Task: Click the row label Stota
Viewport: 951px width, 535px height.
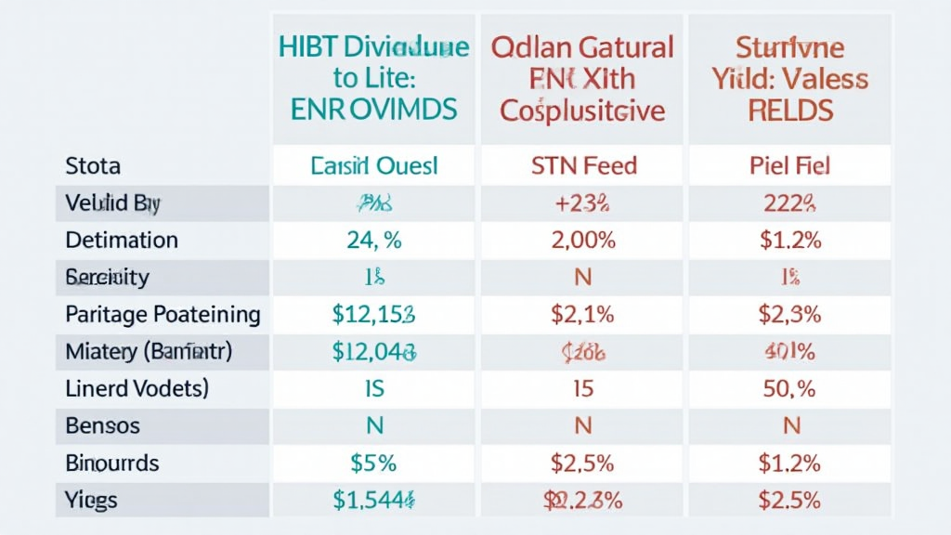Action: pos(93,166)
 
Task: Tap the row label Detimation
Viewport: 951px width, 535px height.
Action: pos(122,240)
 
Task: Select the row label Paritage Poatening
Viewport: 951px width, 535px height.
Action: pos(163,314)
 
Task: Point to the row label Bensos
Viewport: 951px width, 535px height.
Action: pos(102,426)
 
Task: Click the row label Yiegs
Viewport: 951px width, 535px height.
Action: pos(91,501)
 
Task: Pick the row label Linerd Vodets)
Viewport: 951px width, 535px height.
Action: pos(137,388)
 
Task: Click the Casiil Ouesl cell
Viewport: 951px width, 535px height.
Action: pos(373,166)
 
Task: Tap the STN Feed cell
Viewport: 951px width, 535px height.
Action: pos(582,166)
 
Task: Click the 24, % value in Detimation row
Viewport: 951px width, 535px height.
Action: pos(373,240)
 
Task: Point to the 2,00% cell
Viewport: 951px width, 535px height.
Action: pos(582,240)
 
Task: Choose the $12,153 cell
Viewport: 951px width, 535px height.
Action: pos(373,314)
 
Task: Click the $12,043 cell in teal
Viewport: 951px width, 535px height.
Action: pos(373,351)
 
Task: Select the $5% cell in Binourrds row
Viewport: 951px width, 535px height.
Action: pos(373,463)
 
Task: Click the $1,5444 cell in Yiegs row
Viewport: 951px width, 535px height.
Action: pos(373,501)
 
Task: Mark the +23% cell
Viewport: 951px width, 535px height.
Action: pos(582,202)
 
